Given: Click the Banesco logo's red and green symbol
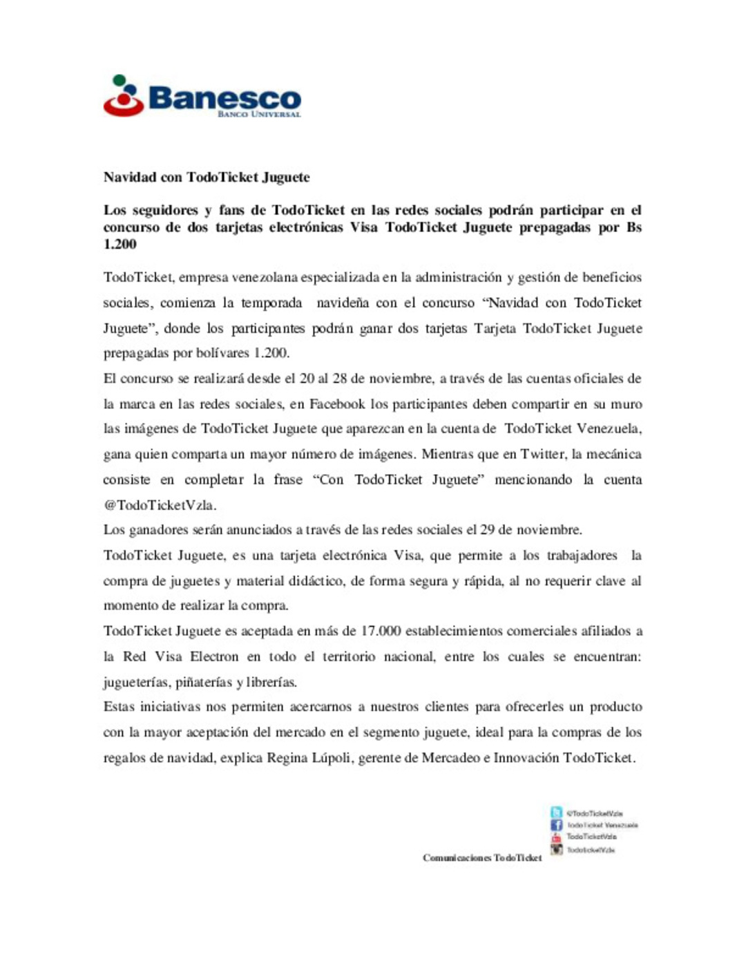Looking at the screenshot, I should (124, 96).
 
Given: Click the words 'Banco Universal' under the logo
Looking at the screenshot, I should (259, 114).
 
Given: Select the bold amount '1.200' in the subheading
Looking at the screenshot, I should (120, 244).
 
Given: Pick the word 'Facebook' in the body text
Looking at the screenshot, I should (336, 404).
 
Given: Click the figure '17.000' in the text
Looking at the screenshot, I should (380, 631).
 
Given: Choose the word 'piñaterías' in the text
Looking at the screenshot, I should (204, 682).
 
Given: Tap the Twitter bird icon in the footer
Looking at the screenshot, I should (556, 813).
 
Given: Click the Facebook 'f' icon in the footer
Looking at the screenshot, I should (556, 825).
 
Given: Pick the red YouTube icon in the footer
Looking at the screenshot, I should (556, 837).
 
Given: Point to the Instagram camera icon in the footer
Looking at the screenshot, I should (556, 849).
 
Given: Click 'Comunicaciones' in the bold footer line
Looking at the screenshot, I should (457, 858).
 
